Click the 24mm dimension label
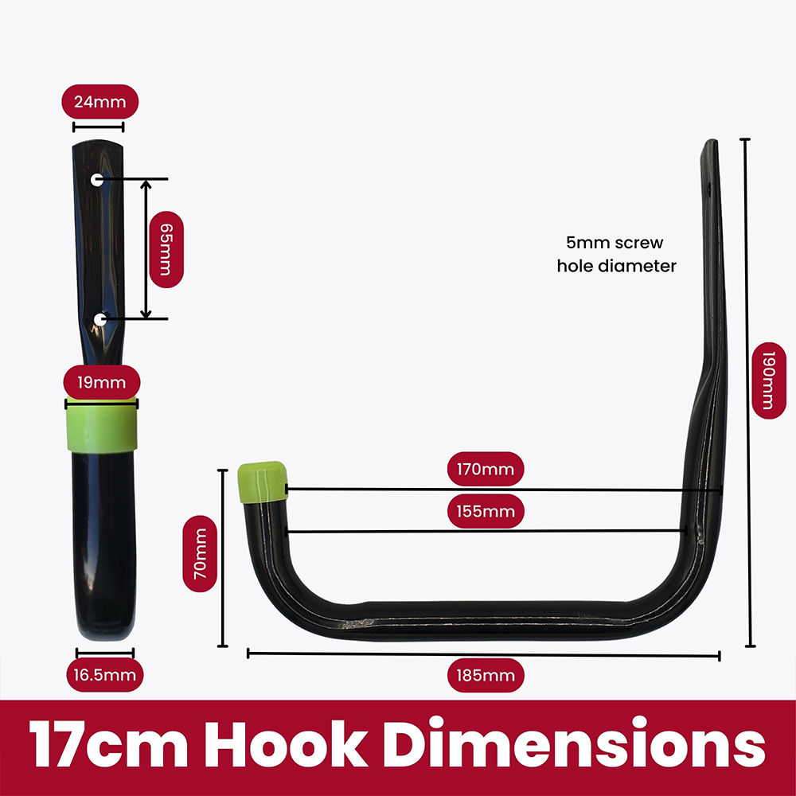pos(99,102)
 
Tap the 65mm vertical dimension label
pos(166,248)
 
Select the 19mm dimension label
pos(102,382)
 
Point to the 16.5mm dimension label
pos(105,676)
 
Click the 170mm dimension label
pos(486,469)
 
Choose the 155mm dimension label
pos(486,511)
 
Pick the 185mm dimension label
pos(486,676)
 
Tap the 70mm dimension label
pos(200,554)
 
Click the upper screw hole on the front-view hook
pos(96,179)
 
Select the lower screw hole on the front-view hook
pos(100,320)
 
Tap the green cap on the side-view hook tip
pos(262,482)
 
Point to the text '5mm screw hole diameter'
pos(616,254)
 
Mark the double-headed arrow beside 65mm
pos(146,249)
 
